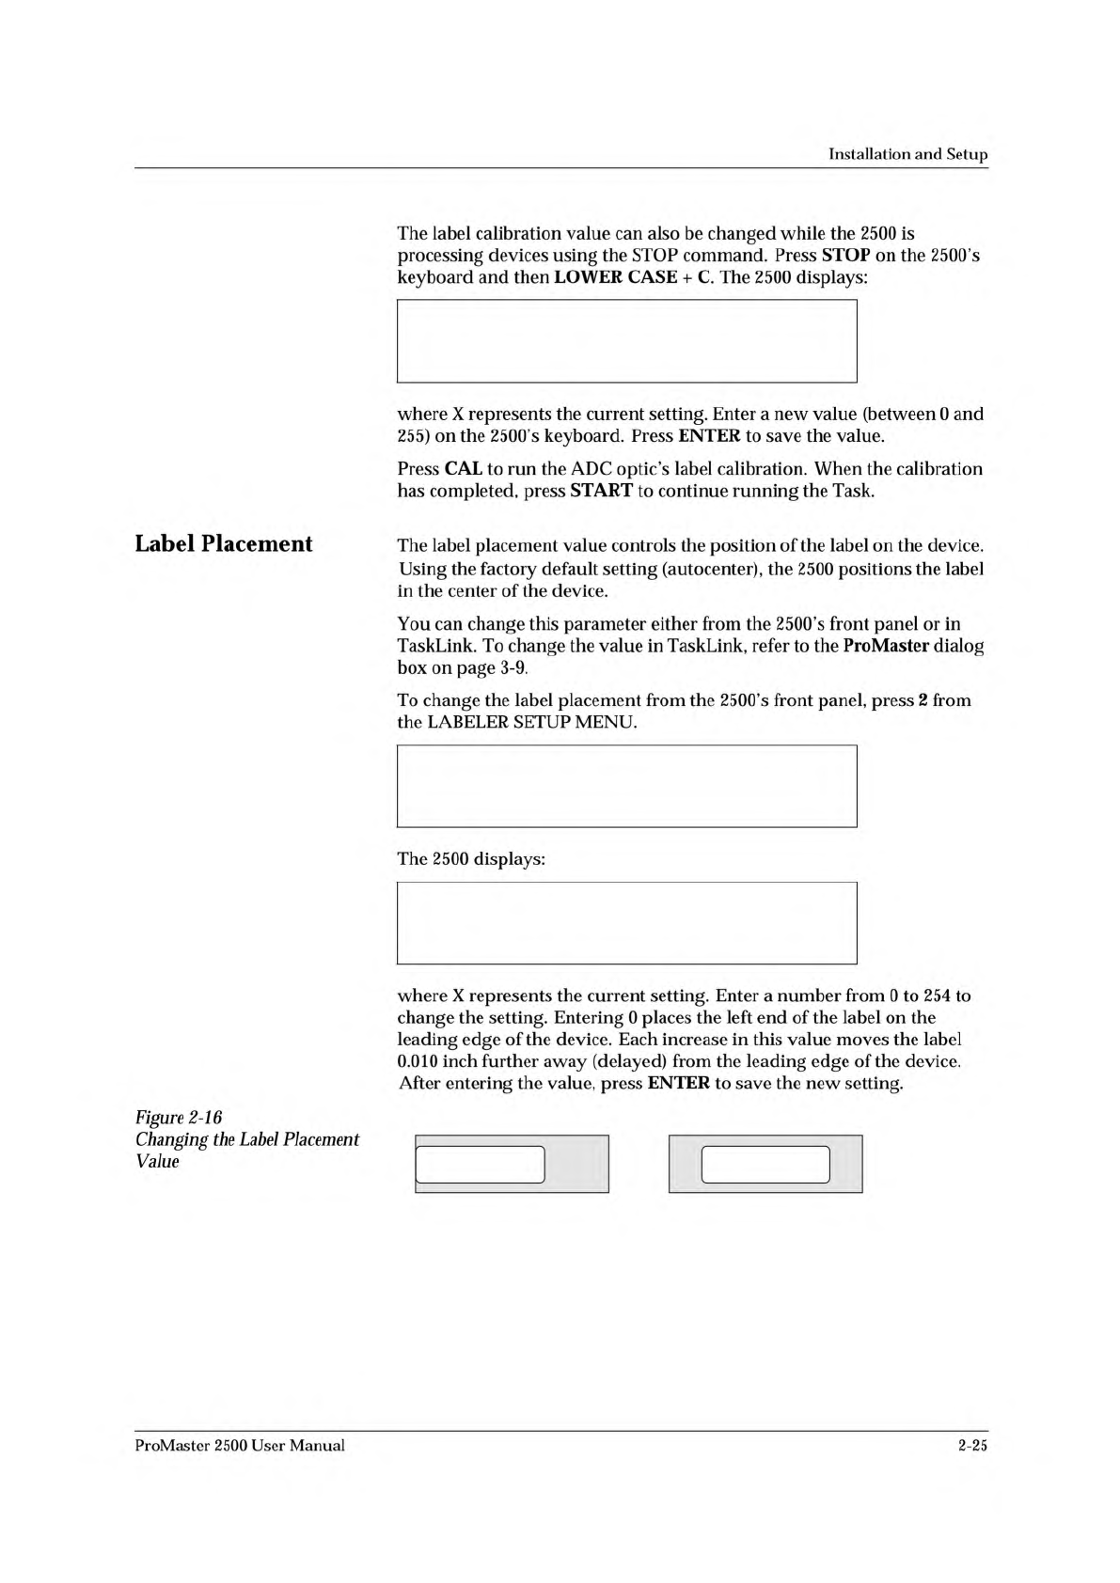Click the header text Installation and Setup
pyautogui.click(x=907, y=154)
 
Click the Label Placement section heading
pyautogui.click(x=224, y=544)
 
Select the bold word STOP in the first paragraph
pyautogui.click(x=845, y=256)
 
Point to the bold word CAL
pyautogui.click(x=463, y=469)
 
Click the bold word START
pyautogui.click(x=601, y=492)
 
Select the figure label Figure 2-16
pyautogui.click(x=179, y=1118)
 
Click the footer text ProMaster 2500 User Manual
pyautogui.click(x=240, y=1446)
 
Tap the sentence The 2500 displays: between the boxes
pyautogui.click(x=471, y=859)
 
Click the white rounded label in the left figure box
pyautogui.click(x=481, y=1165)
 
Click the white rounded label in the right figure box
pyautogui.click(x=765, y=1165)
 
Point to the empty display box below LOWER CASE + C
pyautogui.click(x=626, y=341)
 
